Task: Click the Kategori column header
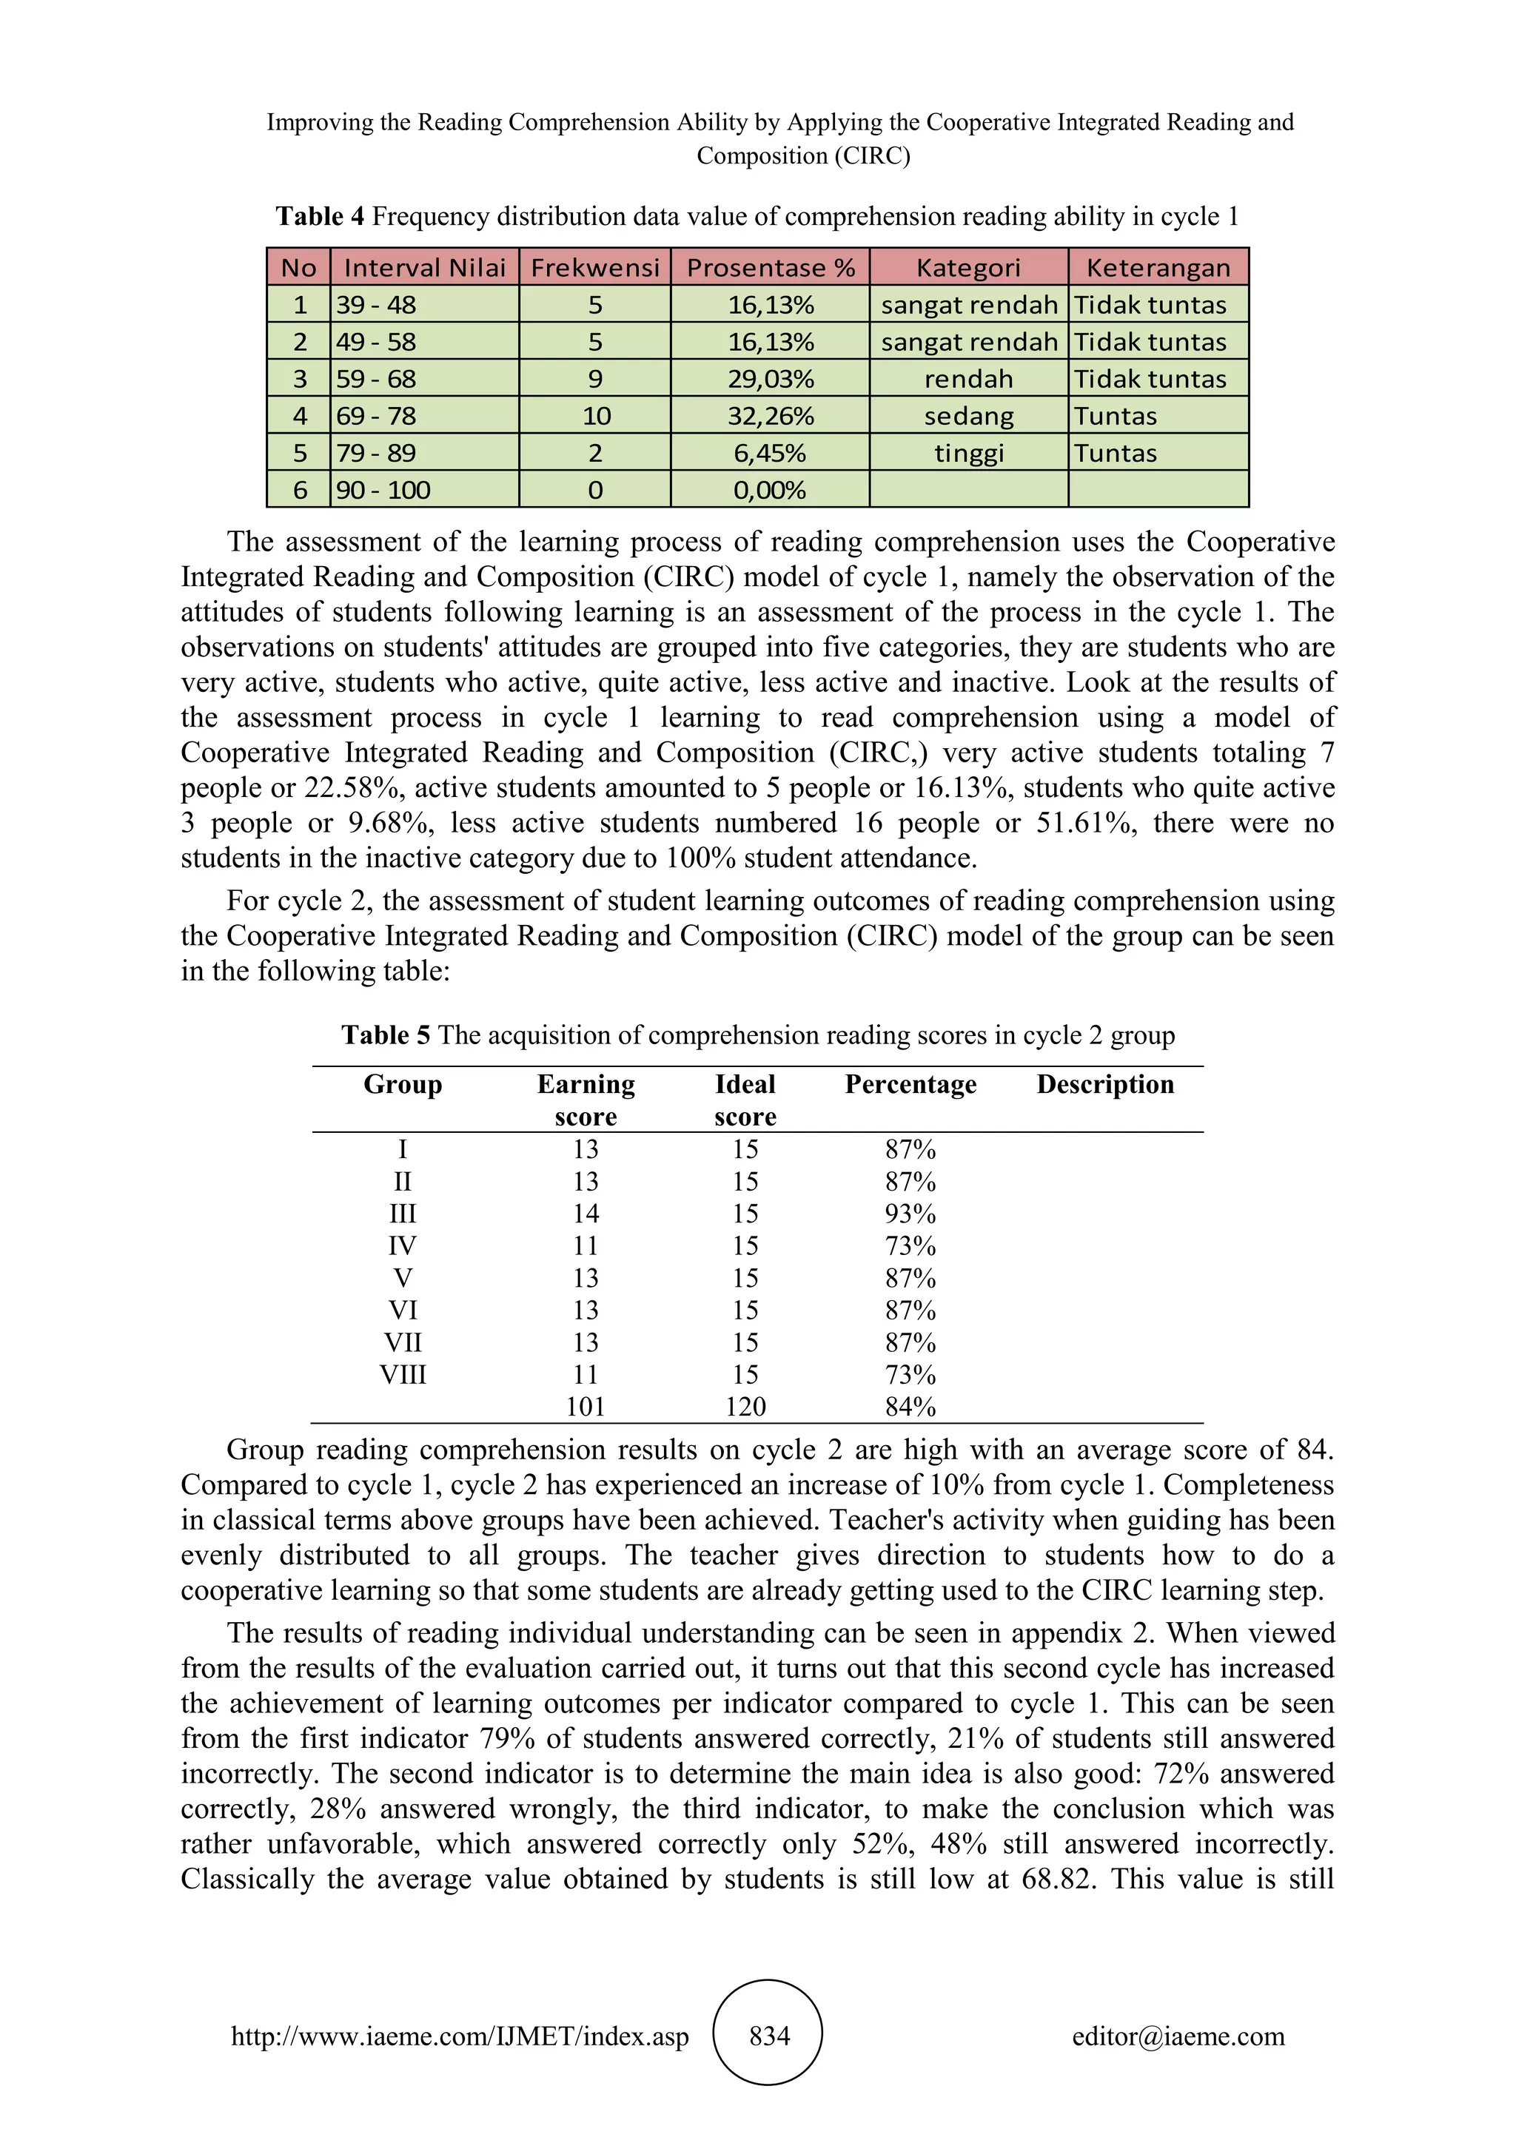pyautogui.click(x=968, y=268)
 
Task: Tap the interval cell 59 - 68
pyautogui.click(x=376, y=379)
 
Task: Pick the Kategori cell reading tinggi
pyautogui.click(x=968, y=453)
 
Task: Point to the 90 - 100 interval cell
pyautogui.click(x=383, y=490)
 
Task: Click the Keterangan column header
pyautogui.click(x=1158, y=268)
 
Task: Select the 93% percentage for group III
pyautogui.click(x=910, y=1214)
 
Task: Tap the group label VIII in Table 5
pyautogui.click(x=403, y=1374)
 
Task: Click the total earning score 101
pyautogui.click(x=586, y=1407)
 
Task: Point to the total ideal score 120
pyautogui.click(x=745, y=1407)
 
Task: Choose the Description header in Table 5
pyautogui.click(x=1104, y=1085)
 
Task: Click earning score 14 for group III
pyautogui.click(x=586, y=1214)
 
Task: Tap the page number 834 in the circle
pyautogui.click(x=769, y=2035)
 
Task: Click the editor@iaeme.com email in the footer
pyautogui.click(x=1178, y=2036)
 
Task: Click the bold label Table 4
pyautogui.click(x=319, y=217)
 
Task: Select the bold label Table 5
pyautogui.click(x=386, y=1035)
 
